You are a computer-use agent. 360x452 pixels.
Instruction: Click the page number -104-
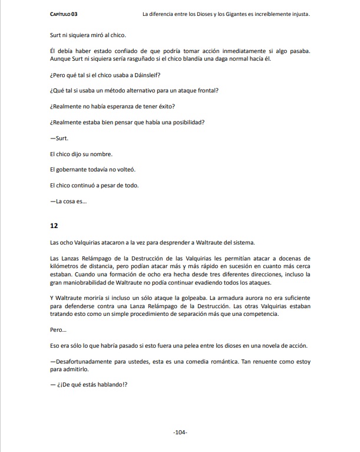[180, 433]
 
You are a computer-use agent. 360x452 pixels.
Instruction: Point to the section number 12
[54, 226]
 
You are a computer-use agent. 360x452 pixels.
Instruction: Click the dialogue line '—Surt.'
[60, 139]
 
